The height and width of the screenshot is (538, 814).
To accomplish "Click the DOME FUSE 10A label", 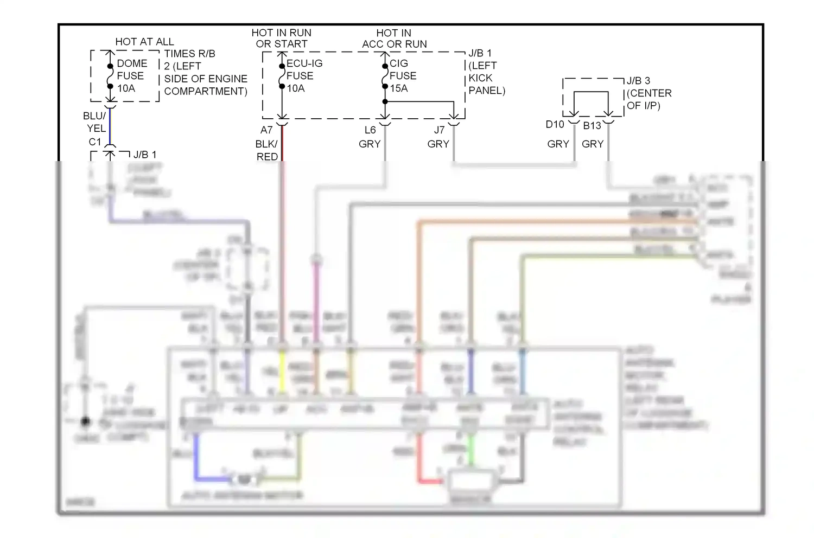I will coord(131,76).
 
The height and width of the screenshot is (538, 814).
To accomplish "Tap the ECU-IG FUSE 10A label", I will coord(304,76).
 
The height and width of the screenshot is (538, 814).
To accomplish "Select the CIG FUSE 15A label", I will coord(403,76).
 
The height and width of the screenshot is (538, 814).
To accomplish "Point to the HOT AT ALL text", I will coord(144,42).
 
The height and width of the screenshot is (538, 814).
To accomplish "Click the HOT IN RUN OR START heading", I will coord(282,39).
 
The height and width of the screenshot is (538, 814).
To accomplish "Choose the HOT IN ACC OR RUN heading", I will coord(395,39).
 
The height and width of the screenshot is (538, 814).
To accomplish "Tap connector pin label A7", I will coord(266,130).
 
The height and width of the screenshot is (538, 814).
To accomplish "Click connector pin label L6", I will coord(370,130).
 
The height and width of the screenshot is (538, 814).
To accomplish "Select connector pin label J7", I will coord(439,130).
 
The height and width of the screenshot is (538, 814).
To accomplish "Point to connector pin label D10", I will coord(555,125).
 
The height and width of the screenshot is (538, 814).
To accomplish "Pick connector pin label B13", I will coord(592,126).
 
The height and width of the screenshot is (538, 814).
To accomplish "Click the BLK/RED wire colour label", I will coord(267,150).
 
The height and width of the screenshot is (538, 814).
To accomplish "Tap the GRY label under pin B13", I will coord(593,144).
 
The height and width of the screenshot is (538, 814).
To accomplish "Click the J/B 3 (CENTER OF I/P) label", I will coord(649,93).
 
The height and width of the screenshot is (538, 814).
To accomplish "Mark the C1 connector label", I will coord(95,142).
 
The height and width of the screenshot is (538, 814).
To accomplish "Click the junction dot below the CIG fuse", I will coord(385,102).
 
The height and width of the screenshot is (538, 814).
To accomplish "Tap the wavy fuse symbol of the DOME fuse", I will coord(110,76).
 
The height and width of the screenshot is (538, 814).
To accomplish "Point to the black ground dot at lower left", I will coord(85,421).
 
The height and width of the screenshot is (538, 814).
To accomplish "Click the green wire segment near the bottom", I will coord(471,450).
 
